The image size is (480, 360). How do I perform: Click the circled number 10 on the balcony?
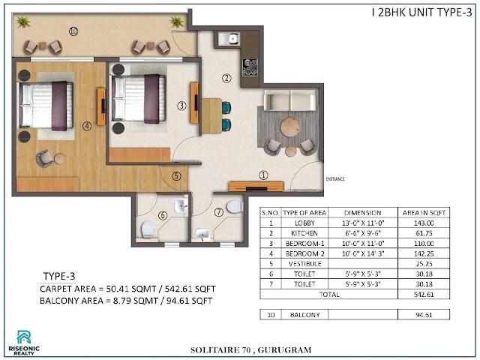73,31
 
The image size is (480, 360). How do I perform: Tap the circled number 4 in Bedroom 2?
87,126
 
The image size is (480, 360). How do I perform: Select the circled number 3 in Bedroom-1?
181,106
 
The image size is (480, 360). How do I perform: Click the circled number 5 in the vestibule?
176,177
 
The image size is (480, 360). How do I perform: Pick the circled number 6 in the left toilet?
162,216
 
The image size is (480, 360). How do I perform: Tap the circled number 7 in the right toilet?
219,212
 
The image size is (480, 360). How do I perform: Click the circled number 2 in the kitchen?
226,77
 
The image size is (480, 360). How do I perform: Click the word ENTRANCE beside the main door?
335,178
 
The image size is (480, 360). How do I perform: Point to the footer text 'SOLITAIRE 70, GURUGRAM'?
241,349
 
